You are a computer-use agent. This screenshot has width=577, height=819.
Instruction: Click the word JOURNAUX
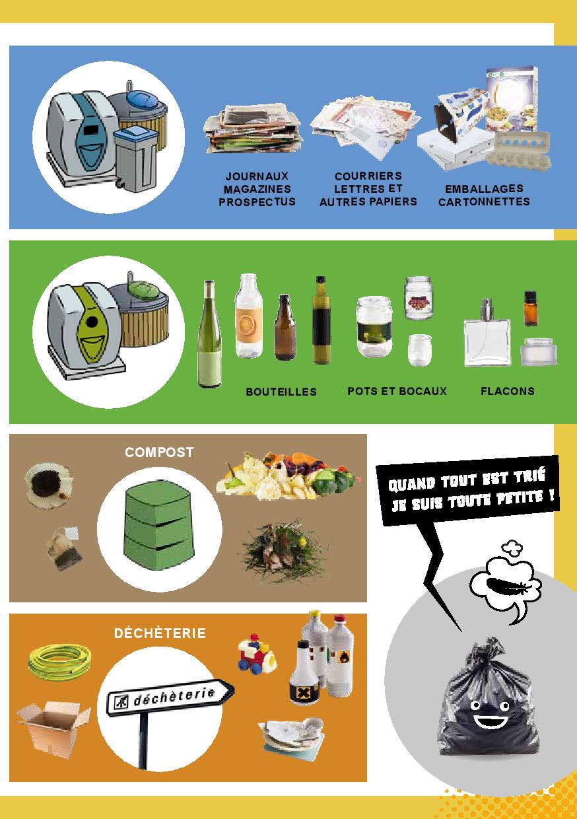coord(257,176)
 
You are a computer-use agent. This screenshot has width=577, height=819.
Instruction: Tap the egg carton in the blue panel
coord(518,150)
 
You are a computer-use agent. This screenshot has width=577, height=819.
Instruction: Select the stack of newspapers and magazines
coord(254,128)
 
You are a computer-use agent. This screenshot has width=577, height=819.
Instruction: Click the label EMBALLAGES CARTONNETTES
coord(484,196)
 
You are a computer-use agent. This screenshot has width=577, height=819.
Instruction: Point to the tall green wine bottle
coord(209,334)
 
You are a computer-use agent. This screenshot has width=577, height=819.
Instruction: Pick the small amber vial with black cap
coord(530,308)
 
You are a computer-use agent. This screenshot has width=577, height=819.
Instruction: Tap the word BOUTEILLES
coord(281,392)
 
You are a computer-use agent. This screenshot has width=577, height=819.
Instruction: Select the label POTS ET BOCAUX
coord(397,391)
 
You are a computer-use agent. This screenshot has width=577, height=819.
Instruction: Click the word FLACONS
coord(508,391)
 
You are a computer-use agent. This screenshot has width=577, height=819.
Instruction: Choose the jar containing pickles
coord(374,327)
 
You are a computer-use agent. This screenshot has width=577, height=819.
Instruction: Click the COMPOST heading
coord(159,452)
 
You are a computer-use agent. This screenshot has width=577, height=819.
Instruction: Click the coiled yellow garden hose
coord(59,662)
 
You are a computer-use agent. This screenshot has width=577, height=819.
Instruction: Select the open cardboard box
coord(53,724)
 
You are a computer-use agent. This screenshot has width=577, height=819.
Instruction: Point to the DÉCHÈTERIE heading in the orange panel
coord(160,633)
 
